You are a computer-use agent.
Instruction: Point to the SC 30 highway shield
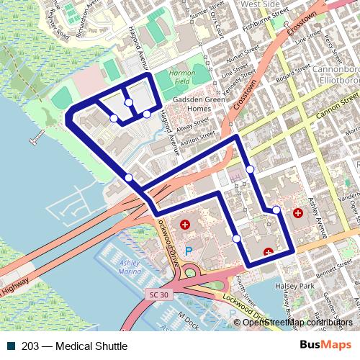[x=159, y=295]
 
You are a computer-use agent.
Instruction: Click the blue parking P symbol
[x=189, y=251]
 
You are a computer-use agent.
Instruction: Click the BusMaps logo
[x=321, y=346]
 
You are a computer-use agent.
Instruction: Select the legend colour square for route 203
[x=7, y=346]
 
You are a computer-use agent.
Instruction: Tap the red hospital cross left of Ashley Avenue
[x=299, y=214]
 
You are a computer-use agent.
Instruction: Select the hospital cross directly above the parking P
[x=185, y=225]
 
